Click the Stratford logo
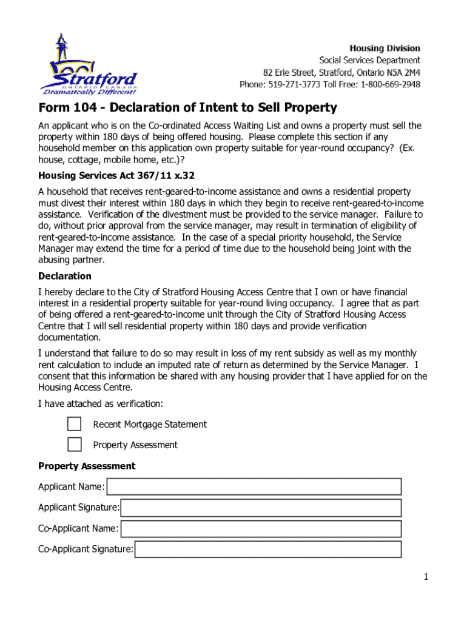coord(89,66)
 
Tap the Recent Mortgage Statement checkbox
coord(75,424)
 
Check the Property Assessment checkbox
coord(75,445)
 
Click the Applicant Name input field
coord(254,486)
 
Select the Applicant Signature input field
coord(261,508)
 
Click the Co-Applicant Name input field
coord(261,528)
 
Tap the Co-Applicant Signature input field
coord(268,549)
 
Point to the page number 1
coord(426,577)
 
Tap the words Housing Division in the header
coord(385,48)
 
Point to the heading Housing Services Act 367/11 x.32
coord(116,176)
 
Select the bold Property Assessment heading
coord(87,466)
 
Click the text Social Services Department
coord(369,60)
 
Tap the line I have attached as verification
coord(101,403)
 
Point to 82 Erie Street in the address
coord(288,72)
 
